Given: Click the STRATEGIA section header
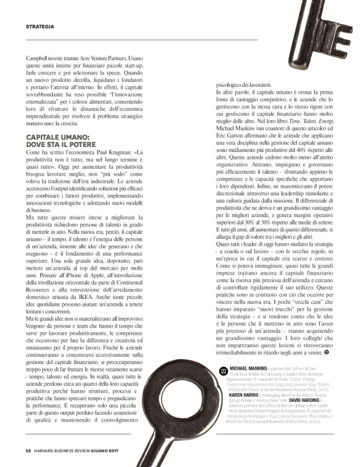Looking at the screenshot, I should click(x=40, y=27).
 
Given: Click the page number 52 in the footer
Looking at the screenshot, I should click(x=29, y=450).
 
